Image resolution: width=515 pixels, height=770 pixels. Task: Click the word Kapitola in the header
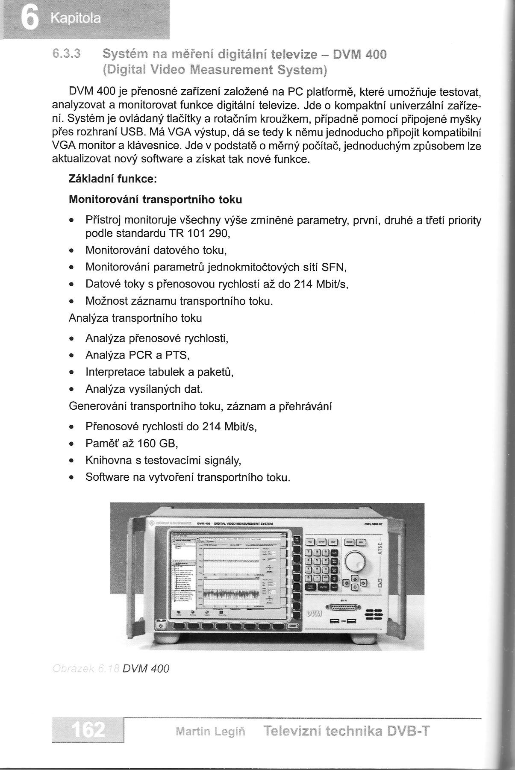click(75, 19)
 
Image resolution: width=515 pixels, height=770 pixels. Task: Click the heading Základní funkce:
click(113, 179)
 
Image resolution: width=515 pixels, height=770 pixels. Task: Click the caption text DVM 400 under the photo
click(146, 668)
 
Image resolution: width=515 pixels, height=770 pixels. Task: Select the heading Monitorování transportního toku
click(155, 200)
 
